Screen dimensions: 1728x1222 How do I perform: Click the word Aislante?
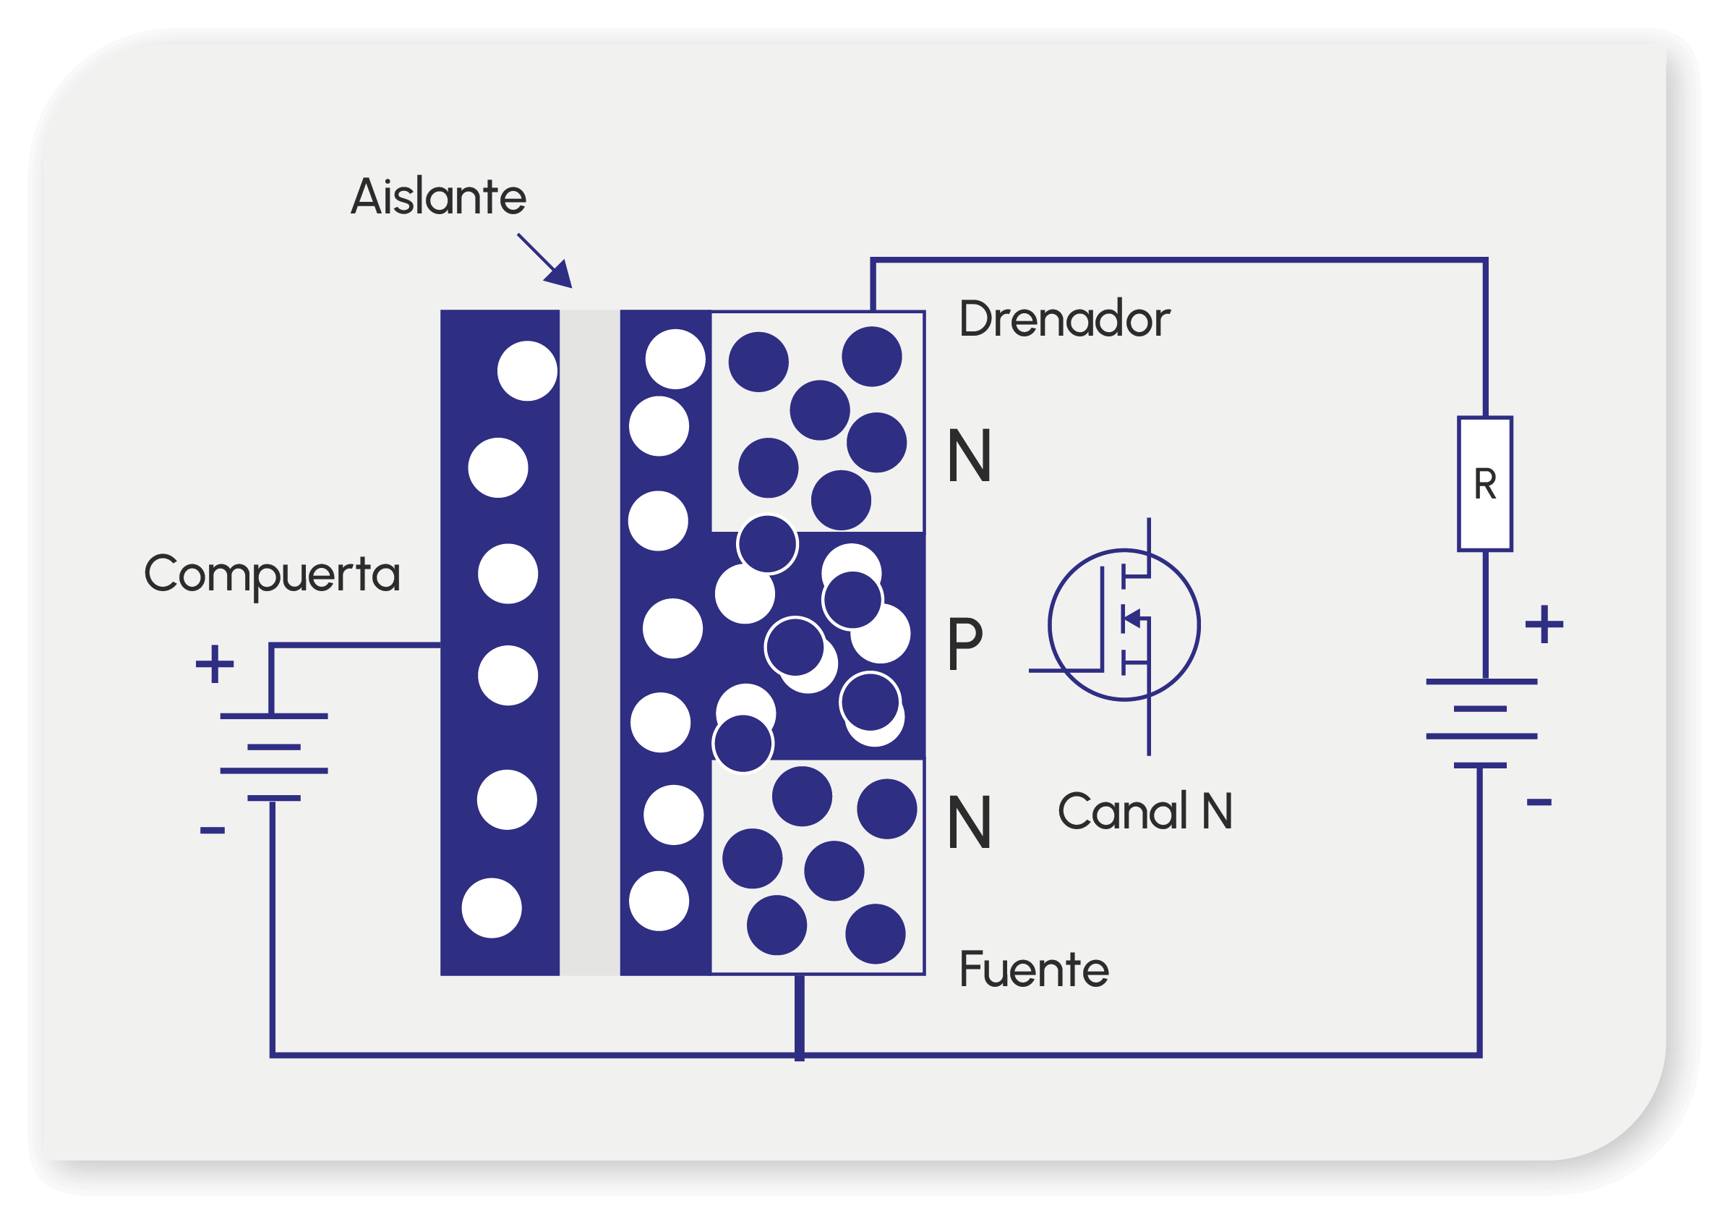[438, 197]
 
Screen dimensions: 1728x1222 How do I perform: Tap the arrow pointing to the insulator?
[545, 260]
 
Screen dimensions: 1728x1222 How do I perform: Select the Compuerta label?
[272, 575]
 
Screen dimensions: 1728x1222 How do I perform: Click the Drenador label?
[1064, 318]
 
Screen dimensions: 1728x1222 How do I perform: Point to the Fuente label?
[1033, 969]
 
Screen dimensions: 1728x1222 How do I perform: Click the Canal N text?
[1145, 812]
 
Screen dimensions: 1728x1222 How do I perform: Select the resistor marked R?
[1485, 484]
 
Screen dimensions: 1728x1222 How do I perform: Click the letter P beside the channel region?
[964, 643]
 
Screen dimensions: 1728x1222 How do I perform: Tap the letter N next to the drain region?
[970, 455]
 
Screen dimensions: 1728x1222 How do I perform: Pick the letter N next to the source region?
[970, 823]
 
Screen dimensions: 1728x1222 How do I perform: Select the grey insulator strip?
[589, 643]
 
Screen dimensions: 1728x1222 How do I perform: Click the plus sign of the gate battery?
[215, 664]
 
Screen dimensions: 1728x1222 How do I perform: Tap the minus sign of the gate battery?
[213, 831]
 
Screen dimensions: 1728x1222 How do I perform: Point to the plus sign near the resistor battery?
[1544, 624]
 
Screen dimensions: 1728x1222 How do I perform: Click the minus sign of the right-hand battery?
[1539, 802]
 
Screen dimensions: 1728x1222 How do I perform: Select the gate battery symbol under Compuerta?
[274, 757]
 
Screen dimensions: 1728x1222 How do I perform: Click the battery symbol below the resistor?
[1482, 724]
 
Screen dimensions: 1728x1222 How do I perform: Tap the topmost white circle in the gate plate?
[528, 371]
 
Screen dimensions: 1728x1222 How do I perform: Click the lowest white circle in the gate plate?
[492, 908]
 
